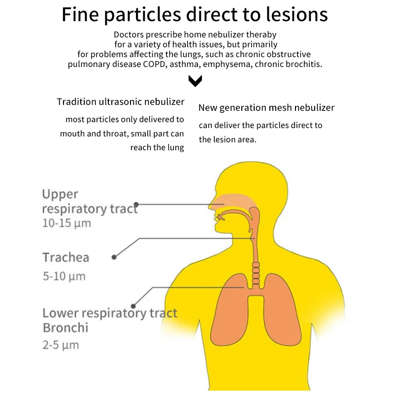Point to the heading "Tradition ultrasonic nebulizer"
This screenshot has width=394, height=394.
tap(121, 102)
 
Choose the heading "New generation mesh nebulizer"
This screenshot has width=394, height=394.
tap(266, 107)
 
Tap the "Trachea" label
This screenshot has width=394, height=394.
tap(66, 257)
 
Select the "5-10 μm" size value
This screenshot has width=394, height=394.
tap(64, 276)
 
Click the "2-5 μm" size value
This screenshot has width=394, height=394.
tap(61, 344)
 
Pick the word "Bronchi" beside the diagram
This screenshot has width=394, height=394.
tap(65, 328)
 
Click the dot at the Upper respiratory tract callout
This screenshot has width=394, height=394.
tap(136, 204)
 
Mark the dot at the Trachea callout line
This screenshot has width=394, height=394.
tap(114, 257)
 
